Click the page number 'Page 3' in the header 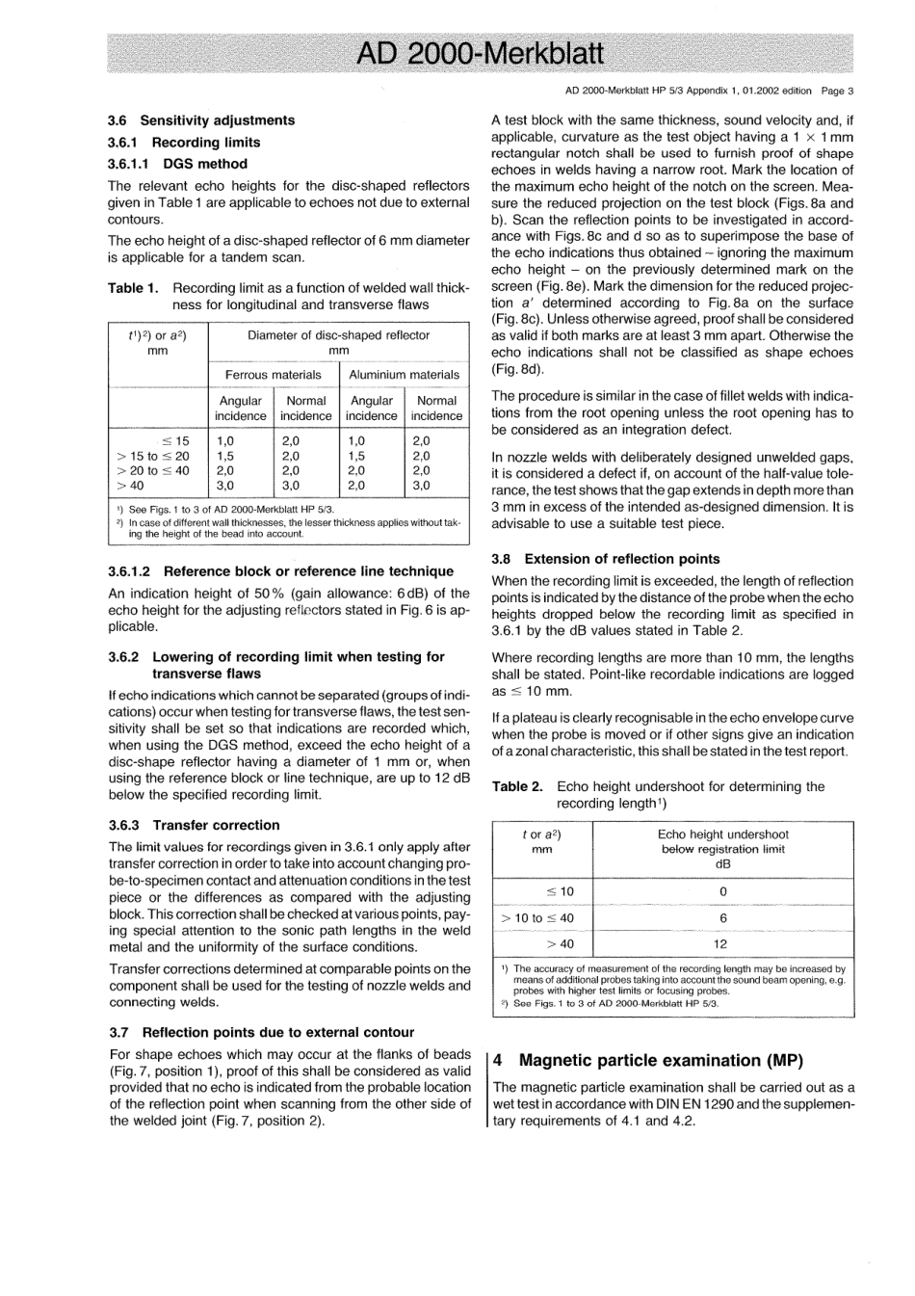click(837, 92)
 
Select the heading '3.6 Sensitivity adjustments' click(201, 120)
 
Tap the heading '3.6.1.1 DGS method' click(177, 164)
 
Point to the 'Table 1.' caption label click(133, 288)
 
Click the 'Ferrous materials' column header click(273, 374)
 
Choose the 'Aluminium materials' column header click(404, 374)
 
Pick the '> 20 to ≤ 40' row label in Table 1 click(153, 471)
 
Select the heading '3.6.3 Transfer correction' click(194, 825)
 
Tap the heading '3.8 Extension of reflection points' click(605, 559)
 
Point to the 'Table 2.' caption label click(517, 786)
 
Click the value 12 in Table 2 click(721, 944)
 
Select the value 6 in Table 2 click(722, 918)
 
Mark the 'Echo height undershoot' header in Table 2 click(722, 834)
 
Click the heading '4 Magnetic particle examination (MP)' click(647, 1060)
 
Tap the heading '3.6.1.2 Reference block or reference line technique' click(280, 571)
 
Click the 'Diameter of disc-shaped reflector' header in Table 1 click(338, 335)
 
